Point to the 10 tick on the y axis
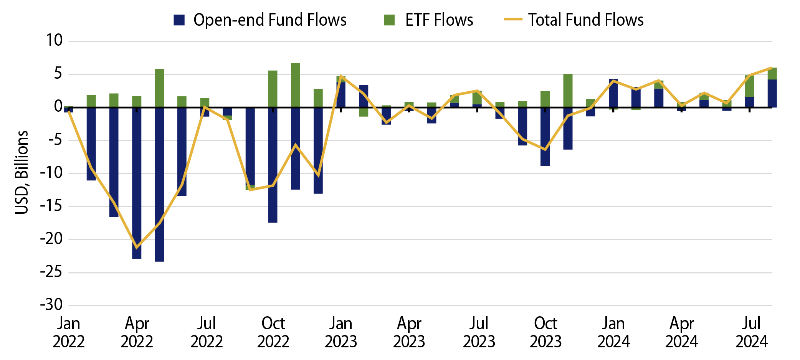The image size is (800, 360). pos(55,41)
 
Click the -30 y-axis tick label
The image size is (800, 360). pos(51,306)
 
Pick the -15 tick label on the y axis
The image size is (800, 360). pos(51,206)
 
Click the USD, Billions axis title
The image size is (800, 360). pos(21,172)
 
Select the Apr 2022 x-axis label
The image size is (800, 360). pos(137,332)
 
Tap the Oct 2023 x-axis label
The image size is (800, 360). pos(545,332)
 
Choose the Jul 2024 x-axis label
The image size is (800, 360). pos(751,332)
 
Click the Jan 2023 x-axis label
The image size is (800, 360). pos(341,332)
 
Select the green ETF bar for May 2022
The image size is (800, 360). pos(159,88)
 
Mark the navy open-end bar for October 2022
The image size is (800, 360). pos(273,165)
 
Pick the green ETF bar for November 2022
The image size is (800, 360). pos(296,85)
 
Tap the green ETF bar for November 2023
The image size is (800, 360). pos(568,91)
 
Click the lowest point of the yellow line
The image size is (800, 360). pos(137,248)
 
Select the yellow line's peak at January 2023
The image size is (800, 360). pos(341,76)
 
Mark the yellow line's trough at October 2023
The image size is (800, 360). pos(545,150)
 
